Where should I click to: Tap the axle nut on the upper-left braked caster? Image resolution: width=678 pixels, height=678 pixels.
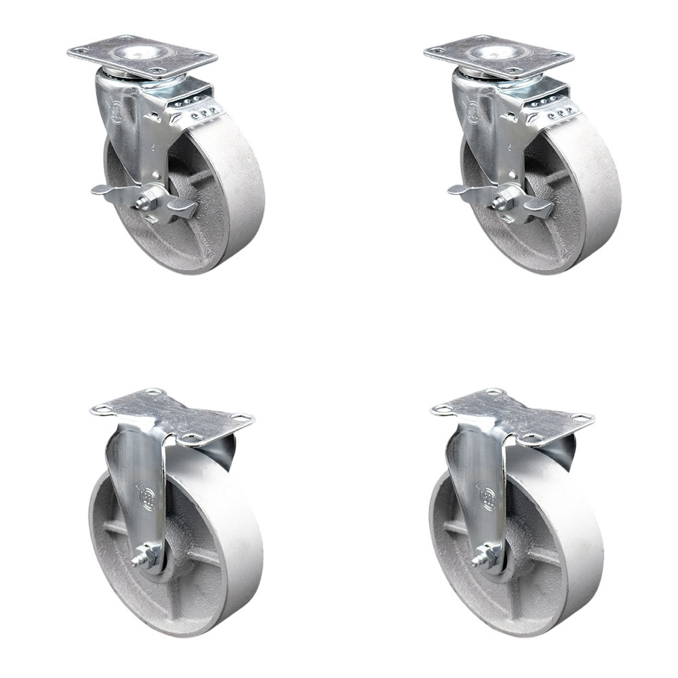tap(144, 202)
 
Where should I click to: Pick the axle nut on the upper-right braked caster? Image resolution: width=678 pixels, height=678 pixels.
tap(501, 202)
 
